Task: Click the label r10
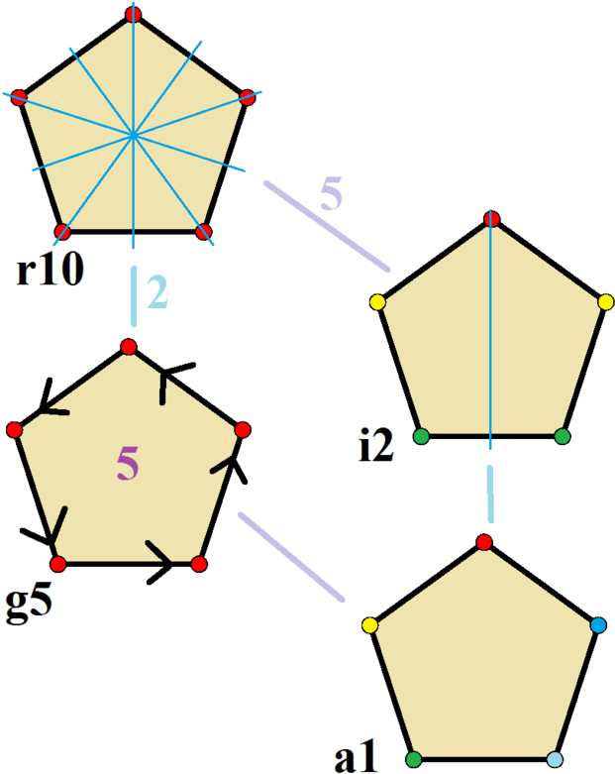(51, 271)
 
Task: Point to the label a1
(356, 757)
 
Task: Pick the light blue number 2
(157, 292)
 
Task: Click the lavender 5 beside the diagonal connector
(331, 193)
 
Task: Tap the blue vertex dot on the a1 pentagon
(598, 625)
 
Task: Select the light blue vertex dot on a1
(555, 759)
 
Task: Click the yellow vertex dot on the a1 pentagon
(369, 625)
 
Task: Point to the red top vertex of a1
(484, 542)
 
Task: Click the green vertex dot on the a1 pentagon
(414, 759)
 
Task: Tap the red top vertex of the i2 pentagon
(492, 219)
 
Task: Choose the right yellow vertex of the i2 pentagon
(606, 302)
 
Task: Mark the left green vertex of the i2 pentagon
(421, 436)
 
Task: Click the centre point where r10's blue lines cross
(133, 134)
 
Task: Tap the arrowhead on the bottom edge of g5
(160, 563)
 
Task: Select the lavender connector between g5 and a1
(291, 557)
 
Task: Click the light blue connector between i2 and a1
(490, 494)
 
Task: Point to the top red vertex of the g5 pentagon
(128, 347)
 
